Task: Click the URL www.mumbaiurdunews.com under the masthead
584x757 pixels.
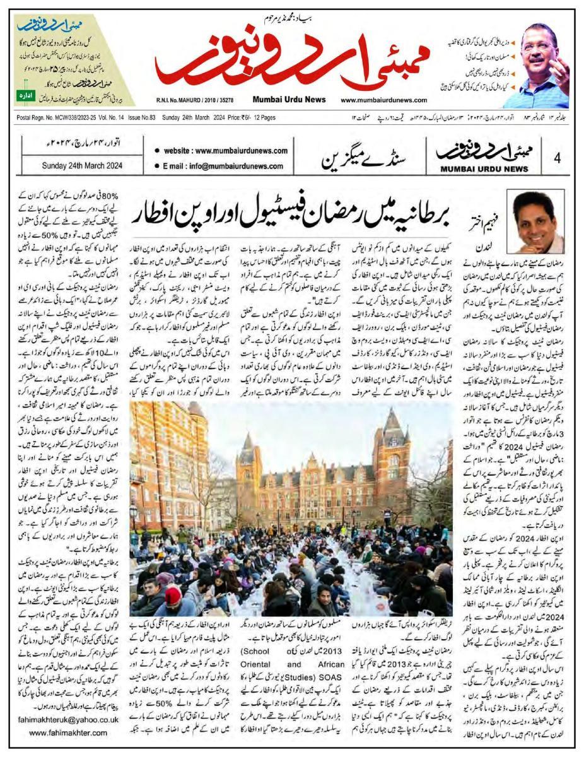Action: (383, 100)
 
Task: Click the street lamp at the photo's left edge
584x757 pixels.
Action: (134, 511)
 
